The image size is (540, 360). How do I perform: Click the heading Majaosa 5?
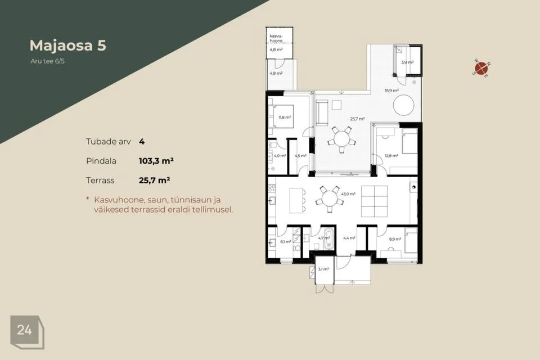68,46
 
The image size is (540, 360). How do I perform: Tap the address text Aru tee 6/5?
47,61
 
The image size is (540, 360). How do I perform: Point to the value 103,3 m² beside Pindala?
156,161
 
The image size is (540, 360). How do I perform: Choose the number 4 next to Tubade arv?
142,142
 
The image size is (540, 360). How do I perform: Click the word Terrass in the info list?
100,181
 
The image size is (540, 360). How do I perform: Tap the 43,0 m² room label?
348,194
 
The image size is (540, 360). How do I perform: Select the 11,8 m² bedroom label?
285,118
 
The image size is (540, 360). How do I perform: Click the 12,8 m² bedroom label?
391,156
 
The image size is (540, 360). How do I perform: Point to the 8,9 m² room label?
395,239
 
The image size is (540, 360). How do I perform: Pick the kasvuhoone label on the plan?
276,38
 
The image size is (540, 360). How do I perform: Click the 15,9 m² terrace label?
391,91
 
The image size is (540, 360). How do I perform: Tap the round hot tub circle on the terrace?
404,105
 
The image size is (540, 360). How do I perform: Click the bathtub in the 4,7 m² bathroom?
328,239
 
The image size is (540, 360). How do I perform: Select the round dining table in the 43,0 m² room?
330,199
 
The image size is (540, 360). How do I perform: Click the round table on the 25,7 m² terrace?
341,139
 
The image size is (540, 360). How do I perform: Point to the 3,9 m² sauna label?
407,62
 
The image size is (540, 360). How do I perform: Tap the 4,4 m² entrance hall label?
349,238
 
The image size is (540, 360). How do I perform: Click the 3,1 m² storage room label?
323,269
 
